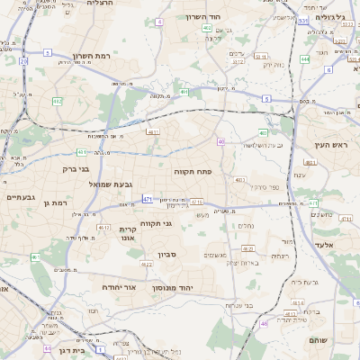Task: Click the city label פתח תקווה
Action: coord(193,169)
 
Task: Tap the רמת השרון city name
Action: coord(91,56)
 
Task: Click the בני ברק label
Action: coord(76,167)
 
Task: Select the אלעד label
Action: coord(324,245)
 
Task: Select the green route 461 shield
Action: coord(36,258)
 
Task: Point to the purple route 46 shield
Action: coord(264,323)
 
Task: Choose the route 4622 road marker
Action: coord(146,264)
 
